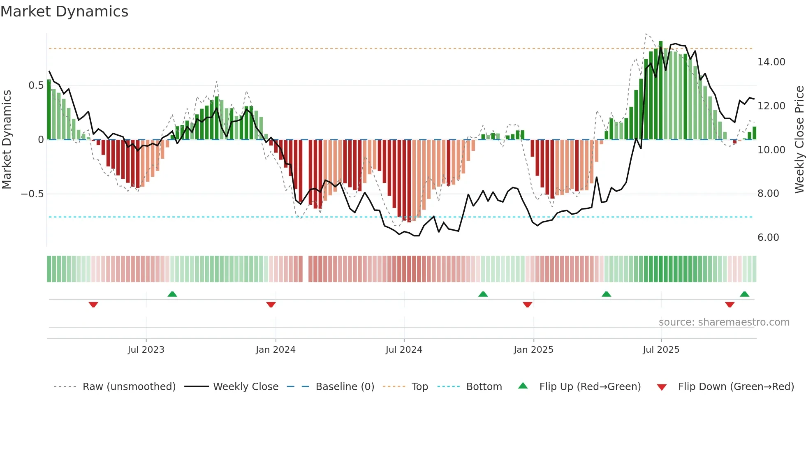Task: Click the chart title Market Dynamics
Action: pos(65,12)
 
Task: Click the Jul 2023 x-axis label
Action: pos(146,350)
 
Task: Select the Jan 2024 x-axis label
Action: pos(276,350)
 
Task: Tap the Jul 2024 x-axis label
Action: pos(404,350)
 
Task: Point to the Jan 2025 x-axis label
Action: pos(533,350)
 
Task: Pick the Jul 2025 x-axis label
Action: pos(661,350)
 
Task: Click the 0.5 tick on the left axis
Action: pos(36,86)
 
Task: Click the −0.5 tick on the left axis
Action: pos(32,194)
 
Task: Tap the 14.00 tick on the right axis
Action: pos(771,62)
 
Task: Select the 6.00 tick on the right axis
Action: pos(768,238)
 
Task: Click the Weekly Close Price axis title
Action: pos(799,140)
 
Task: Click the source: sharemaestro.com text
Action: pos(724,322)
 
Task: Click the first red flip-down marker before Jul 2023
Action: pos(93,305)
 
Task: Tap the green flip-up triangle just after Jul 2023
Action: pos(172,294)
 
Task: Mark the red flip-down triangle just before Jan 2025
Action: pos(528,305)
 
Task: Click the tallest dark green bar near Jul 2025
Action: pos(661,90)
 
